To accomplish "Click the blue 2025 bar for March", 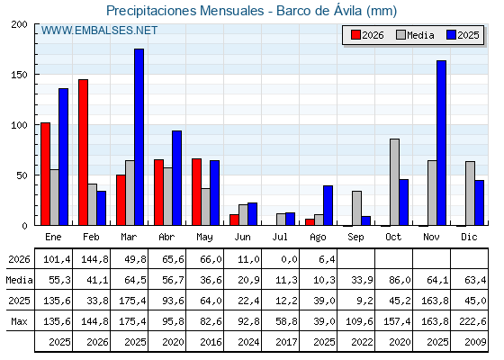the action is [139, 137].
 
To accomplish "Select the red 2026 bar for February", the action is [83, 152].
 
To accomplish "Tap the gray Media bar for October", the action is [395, 182].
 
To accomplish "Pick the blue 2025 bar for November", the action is [441, 143].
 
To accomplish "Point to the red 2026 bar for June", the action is [234, 220].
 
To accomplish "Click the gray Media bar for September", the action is [356, 208].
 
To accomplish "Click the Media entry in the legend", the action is [415, 35].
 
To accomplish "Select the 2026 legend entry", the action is [367, 35].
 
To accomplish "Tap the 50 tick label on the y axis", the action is [22, 175].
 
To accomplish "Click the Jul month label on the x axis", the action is [280, 238].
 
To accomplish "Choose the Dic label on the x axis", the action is [469, 238].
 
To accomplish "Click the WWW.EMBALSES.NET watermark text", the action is [99, 31].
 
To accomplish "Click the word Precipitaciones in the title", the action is [151, 11].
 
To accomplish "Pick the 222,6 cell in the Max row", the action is [472, 321].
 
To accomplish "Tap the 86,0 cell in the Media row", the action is [400, 280].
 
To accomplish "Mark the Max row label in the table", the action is [19, 321].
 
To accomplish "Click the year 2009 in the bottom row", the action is [475, 342].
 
